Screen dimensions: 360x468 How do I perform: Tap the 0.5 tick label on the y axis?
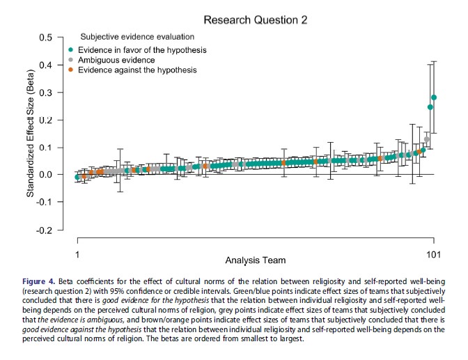47,38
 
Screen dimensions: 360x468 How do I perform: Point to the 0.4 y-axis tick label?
47,65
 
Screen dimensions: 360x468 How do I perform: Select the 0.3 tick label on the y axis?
47,93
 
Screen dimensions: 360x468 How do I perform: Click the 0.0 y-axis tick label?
47,175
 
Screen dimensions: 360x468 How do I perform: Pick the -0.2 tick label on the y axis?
45,230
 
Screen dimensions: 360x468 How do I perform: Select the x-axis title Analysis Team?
255,260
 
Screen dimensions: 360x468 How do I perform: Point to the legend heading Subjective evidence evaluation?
137,36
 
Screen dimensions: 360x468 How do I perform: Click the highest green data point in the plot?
434,97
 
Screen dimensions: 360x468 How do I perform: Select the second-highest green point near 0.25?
430,107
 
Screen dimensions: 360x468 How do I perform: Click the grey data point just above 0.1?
427,140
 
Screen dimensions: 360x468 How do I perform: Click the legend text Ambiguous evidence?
114,60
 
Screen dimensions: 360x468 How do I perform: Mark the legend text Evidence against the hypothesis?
137,70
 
